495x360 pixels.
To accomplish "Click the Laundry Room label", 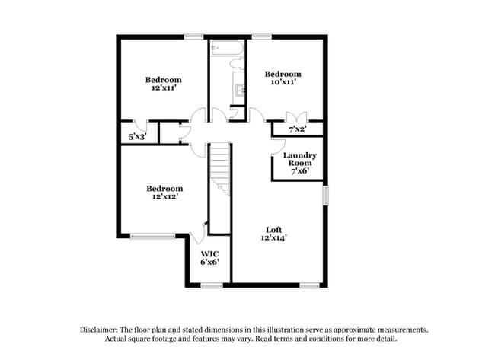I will pos(299,159).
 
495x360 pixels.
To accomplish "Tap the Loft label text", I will pos(273,229).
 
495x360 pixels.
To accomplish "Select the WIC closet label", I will pos(209,253).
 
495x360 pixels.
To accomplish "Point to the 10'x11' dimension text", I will pos(283,82).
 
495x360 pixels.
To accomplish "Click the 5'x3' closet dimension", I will pos(138,136).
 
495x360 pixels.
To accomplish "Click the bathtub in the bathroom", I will pos(226,49).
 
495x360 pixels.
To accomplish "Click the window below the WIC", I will pos(211,285).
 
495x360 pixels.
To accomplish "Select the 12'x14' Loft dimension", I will pos(273,238).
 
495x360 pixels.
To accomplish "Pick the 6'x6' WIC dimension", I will pos(209,262).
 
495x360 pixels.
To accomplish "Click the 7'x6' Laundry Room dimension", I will pos(299,172).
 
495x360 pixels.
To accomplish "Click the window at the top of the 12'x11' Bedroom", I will pos(193,35).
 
